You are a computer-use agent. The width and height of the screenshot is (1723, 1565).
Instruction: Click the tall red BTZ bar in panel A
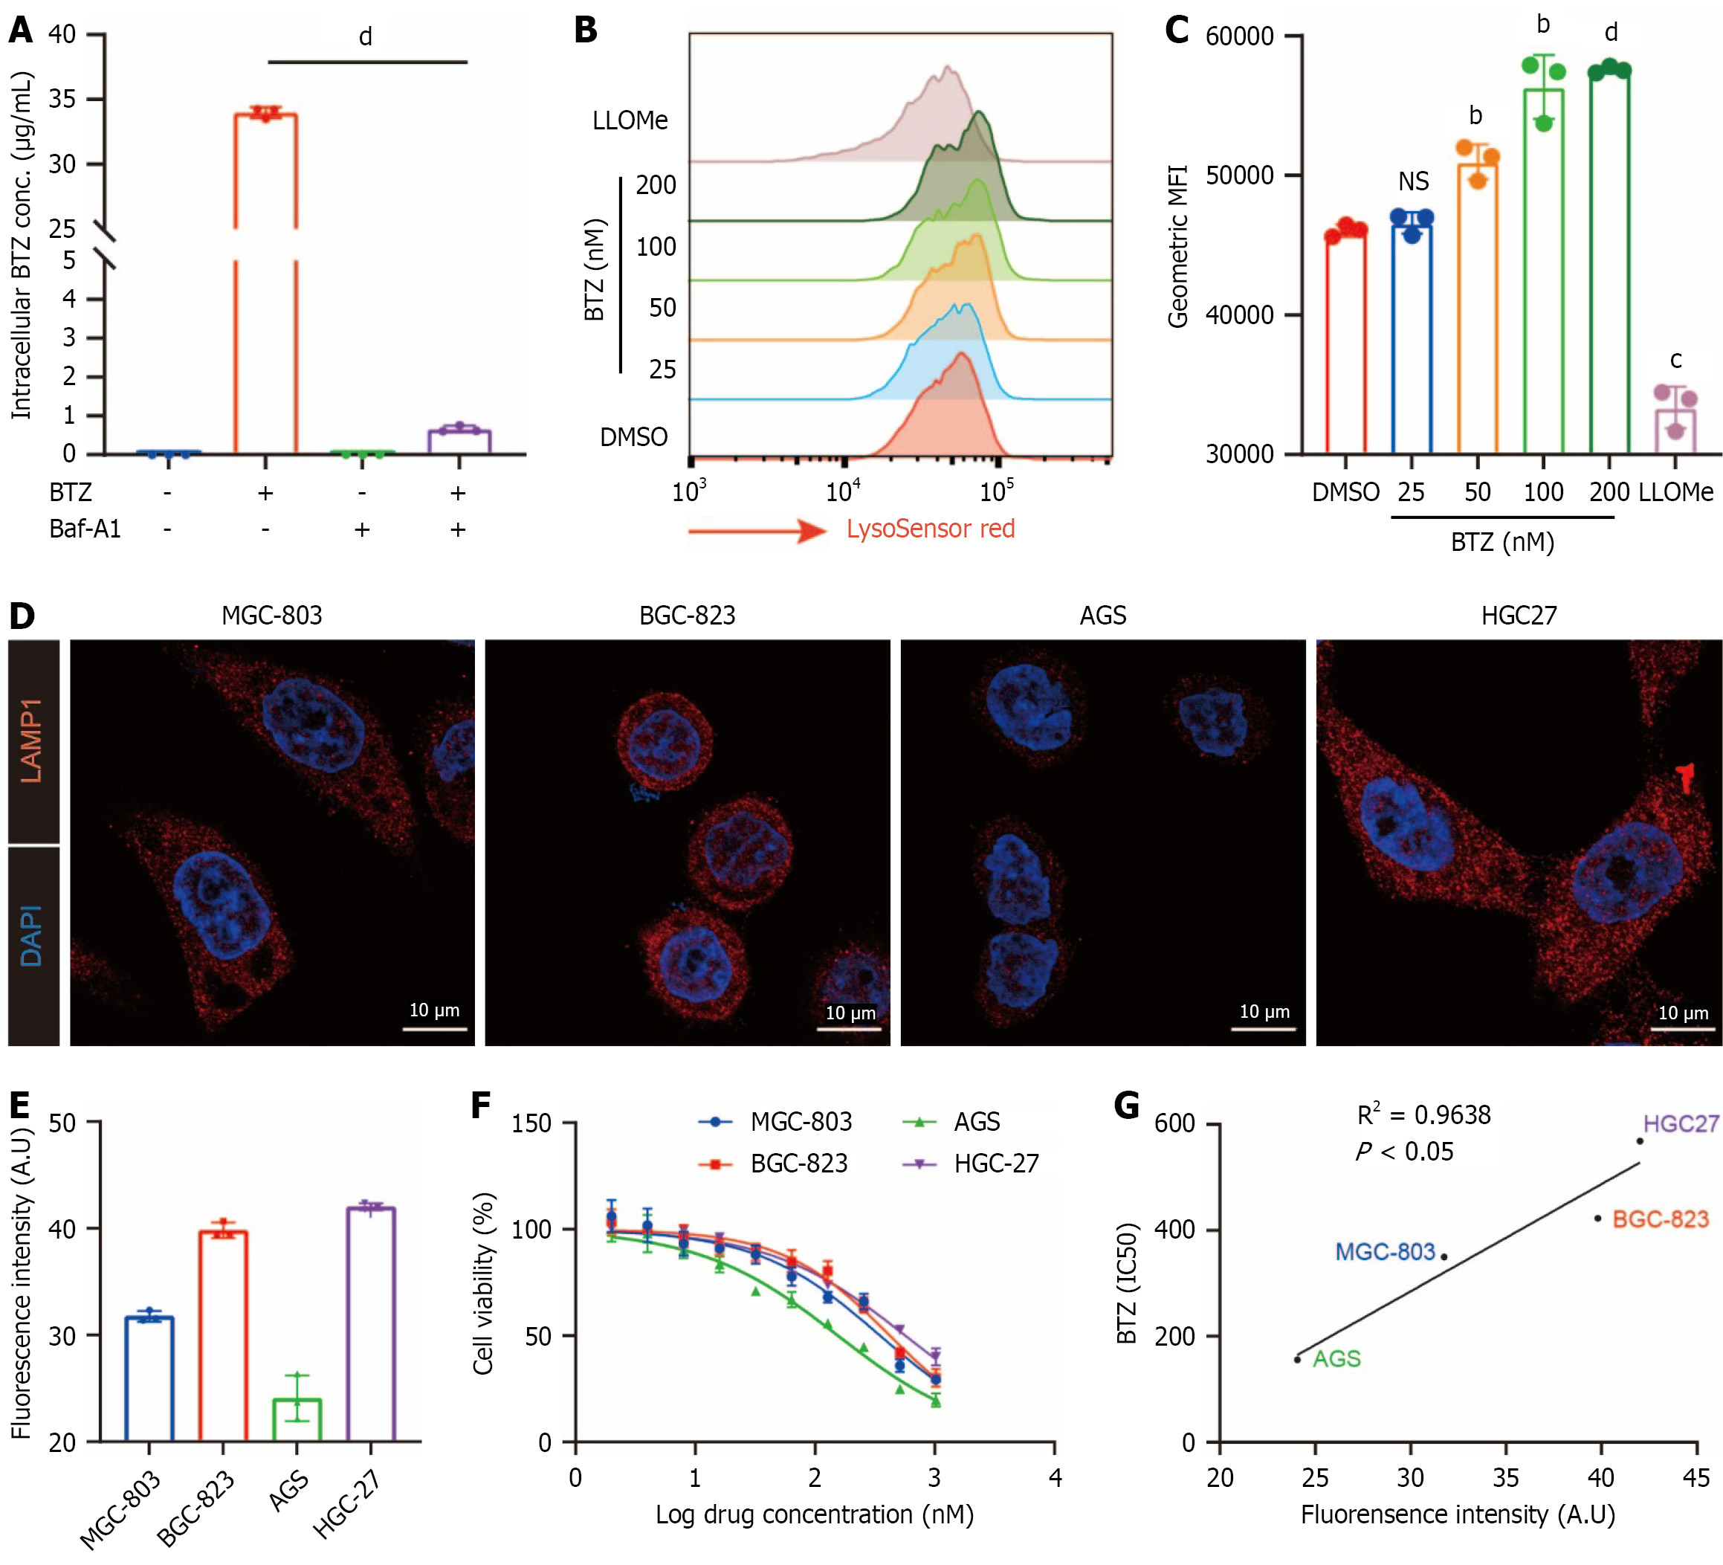(265, 282)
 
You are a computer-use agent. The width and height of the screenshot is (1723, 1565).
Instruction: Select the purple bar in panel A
(459, 440)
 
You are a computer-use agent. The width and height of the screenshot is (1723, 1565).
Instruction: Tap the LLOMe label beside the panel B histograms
(630, 120)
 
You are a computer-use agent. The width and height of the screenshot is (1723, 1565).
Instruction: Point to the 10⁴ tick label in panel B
(843, 491)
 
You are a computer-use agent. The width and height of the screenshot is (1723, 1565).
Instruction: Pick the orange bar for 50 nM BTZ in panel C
(1478, 308)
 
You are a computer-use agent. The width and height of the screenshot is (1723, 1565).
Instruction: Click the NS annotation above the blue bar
(1413, 181)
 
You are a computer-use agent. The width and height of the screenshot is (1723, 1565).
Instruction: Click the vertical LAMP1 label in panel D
(33, 740)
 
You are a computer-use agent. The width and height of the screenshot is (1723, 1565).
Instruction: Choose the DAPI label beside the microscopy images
(33, 936)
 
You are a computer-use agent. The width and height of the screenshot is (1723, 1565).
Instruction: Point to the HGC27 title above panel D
(1518, 616)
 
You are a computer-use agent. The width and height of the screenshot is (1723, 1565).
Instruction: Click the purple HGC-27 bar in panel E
(370, 1324)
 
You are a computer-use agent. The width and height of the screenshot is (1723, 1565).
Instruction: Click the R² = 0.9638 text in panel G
(1423, 1115)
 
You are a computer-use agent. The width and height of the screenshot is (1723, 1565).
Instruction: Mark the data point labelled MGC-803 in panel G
(1444, 1256)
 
